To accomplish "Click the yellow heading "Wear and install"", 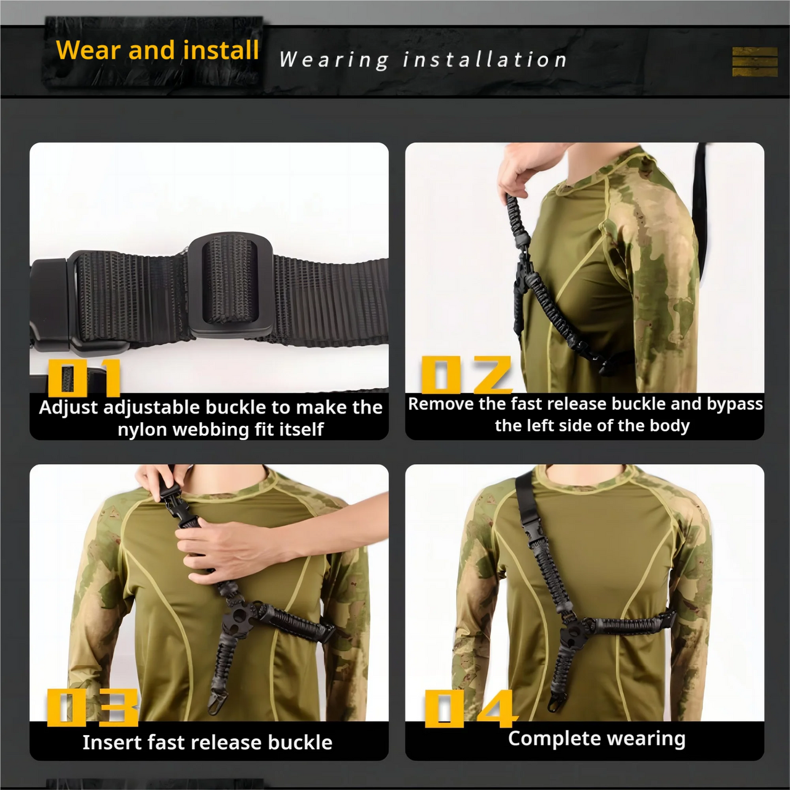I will coord(157,50).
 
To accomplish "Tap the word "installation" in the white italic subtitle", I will coord(484,60).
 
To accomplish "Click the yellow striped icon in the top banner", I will coord(754,62).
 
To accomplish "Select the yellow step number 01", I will coord(84,378).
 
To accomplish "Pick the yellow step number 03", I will coord(93,707).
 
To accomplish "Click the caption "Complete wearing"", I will coord(596,738).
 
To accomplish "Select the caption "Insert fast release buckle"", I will coord(207,742).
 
